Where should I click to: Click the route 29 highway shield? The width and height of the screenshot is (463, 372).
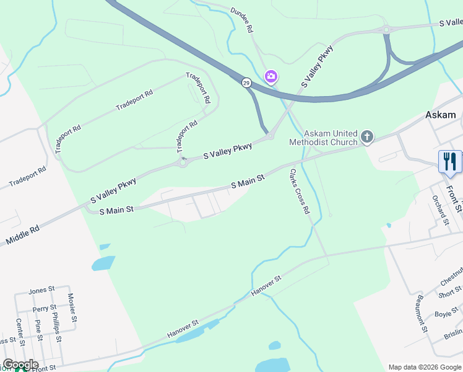coord(246,82)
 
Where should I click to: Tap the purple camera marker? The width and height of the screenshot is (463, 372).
coord(270,77)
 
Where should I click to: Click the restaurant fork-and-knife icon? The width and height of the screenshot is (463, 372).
coord(450,162)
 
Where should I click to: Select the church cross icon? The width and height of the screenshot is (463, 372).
coord(367,136)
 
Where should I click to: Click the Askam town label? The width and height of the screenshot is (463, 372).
coord(440,115)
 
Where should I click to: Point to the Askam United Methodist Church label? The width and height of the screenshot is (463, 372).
coord(323,138)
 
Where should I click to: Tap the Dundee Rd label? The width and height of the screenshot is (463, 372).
coord(242,20)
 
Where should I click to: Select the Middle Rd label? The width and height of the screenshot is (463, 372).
coord(22,234)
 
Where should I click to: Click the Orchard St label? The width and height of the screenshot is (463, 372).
coord(440,210)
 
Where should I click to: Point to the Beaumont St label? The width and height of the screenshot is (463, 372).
coord(422,314)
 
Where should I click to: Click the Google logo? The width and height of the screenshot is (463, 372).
coord(20,365)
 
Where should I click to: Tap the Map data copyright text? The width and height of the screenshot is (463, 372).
coord(424,367)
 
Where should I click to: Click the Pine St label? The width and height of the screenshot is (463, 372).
coord(38,330)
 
